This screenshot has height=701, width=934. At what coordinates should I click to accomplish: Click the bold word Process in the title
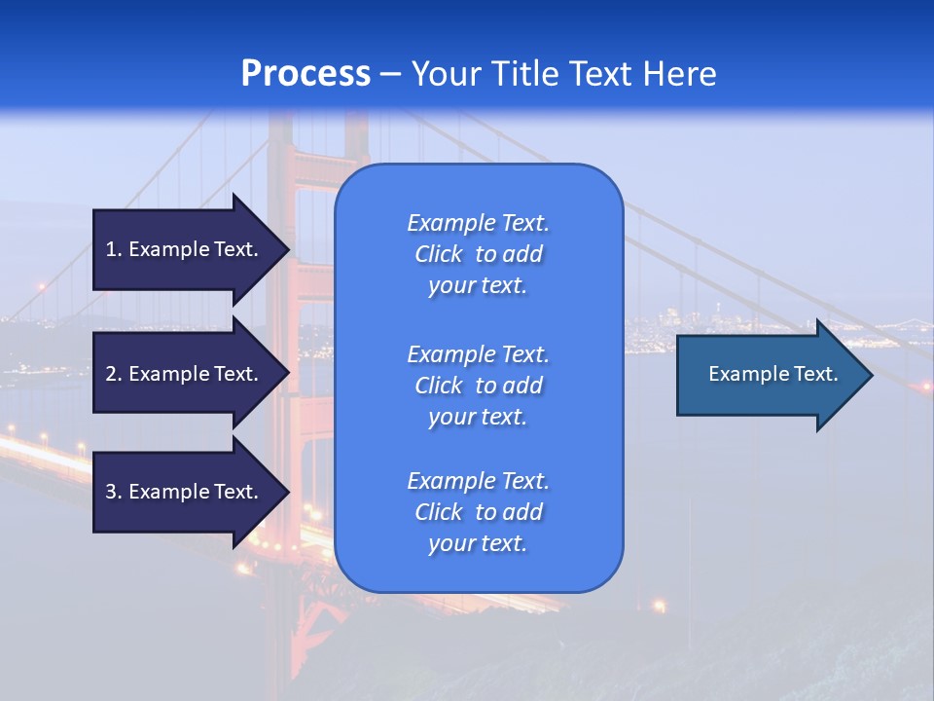305,74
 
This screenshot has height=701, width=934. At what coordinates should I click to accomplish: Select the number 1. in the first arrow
114,249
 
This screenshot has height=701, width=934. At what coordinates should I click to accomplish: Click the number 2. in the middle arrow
114,374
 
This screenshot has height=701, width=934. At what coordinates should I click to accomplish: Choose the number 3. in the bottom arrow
114,492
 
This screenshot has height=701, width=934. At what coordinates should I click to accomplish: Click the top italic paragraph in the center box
478,254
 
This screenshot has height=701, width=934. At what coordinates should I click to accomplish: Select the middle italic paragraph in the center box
478,385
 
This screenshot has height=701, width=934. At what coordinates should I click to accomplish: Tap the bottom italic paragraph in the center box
478,512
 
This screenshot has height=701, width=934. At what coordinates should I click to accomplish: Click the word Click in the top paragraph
439,254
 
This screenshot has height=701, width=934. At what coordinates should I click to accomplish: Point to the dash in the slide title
390,74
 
